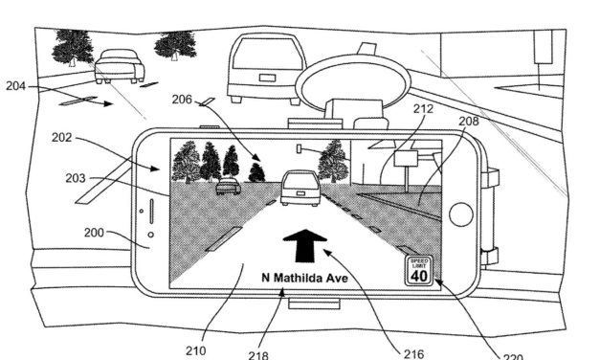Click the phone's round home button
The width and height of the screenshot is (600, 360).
[x=460, y=214]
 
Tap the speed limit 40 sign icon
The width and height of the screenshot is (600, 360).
[x=418, y=270]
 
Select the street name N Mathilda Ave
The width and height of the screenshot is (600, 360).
[x=306, y=278]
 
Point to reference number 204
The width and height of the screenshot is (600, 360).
[x=15, y=86]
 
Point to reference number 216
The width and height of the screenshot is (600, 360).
[x=413, y=352]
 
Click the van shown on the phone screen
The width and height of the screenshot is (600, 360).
[x=300, y=188]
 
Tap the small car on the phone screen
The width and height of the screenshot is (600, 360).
[x=228, y=186]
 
